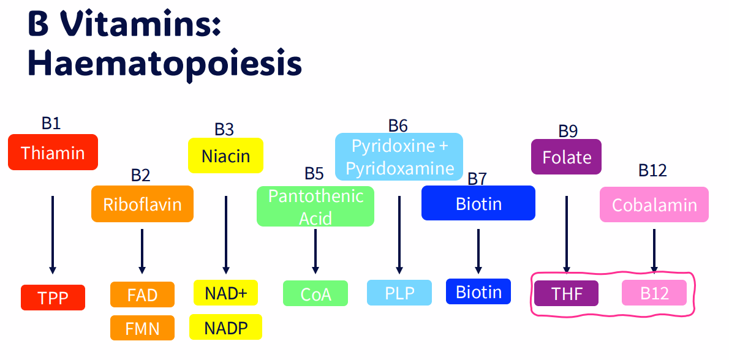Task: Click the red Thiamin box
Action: click(53, 152)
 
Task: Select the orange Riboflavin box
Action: click(142, 203)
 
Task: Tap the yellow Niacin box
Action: click(225, 156)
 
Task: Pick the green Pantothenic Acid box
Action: click(315, 206)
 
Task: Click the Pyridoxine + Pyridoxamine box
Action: click(399, 157)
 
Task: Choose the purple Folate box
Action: click(566, 157)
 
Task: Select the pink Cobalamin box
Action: click(654, 204)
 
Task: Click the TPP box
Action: click(53, 298)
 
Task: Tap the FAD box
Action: click(142, 294)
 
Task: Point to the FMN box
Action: click(142, 328)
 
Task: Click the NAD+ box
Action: click(225, 293)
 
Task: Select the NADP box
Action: click(225, 327)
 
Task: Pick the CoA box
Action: click(315, 293)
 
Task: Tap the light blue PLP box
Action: click(399, 293)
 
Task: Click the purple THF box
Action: click(566, 293)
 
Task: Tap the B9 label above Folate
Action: click(568, 131)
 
